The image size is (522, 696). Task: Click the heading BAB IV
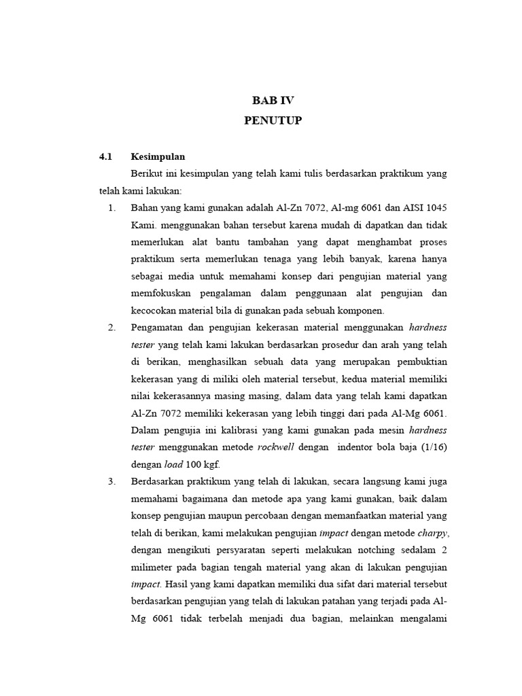click(273, 101)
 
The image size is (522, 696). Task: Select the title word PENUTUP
click(273, 121)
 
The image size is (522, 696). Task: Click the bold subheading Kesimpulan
click(158, 156)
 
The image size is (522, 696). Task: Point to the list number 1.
click(112, 207)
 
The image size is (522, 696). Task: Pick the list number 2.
click(112, 328)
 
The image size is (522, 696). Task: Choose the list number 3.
click(112, 481)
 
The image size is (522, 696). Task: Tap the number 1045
click(434, 207)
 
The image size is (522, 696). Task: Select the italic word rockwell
click(275, 447)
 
